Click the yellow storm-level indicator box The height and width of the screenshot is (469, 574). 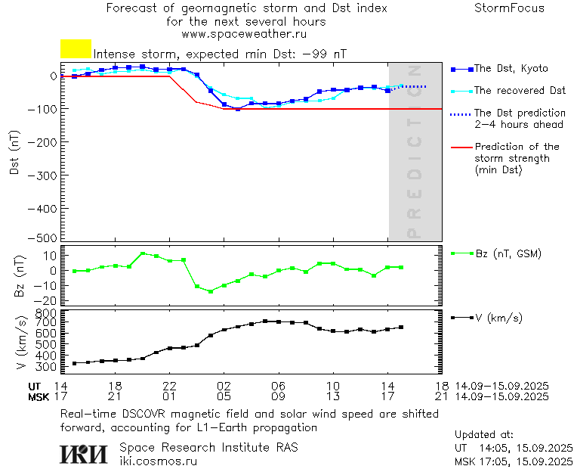pyautogui.click(x=76, y=49)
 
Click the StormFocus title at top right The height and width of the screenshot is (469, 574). pyautogui.click(x=509, y=8)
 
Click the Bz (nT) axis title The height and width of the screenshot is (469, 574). pyautogui.click(x=20, y=276)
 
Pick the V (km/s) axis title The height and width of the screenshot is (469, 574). pyautogui.click(x=20, y=340)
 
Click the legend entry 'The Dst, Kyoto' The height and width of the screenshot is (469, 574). pyautogui.click(x=511, y=69)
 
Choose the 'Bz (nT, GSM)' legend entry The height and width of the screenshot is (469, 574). pyautogui.click(x=508, y=253)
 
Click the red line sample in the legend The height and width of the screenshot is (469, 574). pyautogui.click(x=460, y=147)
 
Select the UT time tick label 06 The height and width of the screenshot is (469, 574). pyautogui.click(x=279, y=385)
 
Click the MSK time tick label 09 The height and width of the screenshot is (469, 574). pyautogui.click(x=279, y=396)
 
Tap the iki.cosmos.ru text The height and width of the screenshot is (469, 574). pyautogui.click(x=158, y=461)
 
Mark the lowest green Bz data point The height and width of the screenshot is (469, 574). pyautogui.click(x=210, y=291)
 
